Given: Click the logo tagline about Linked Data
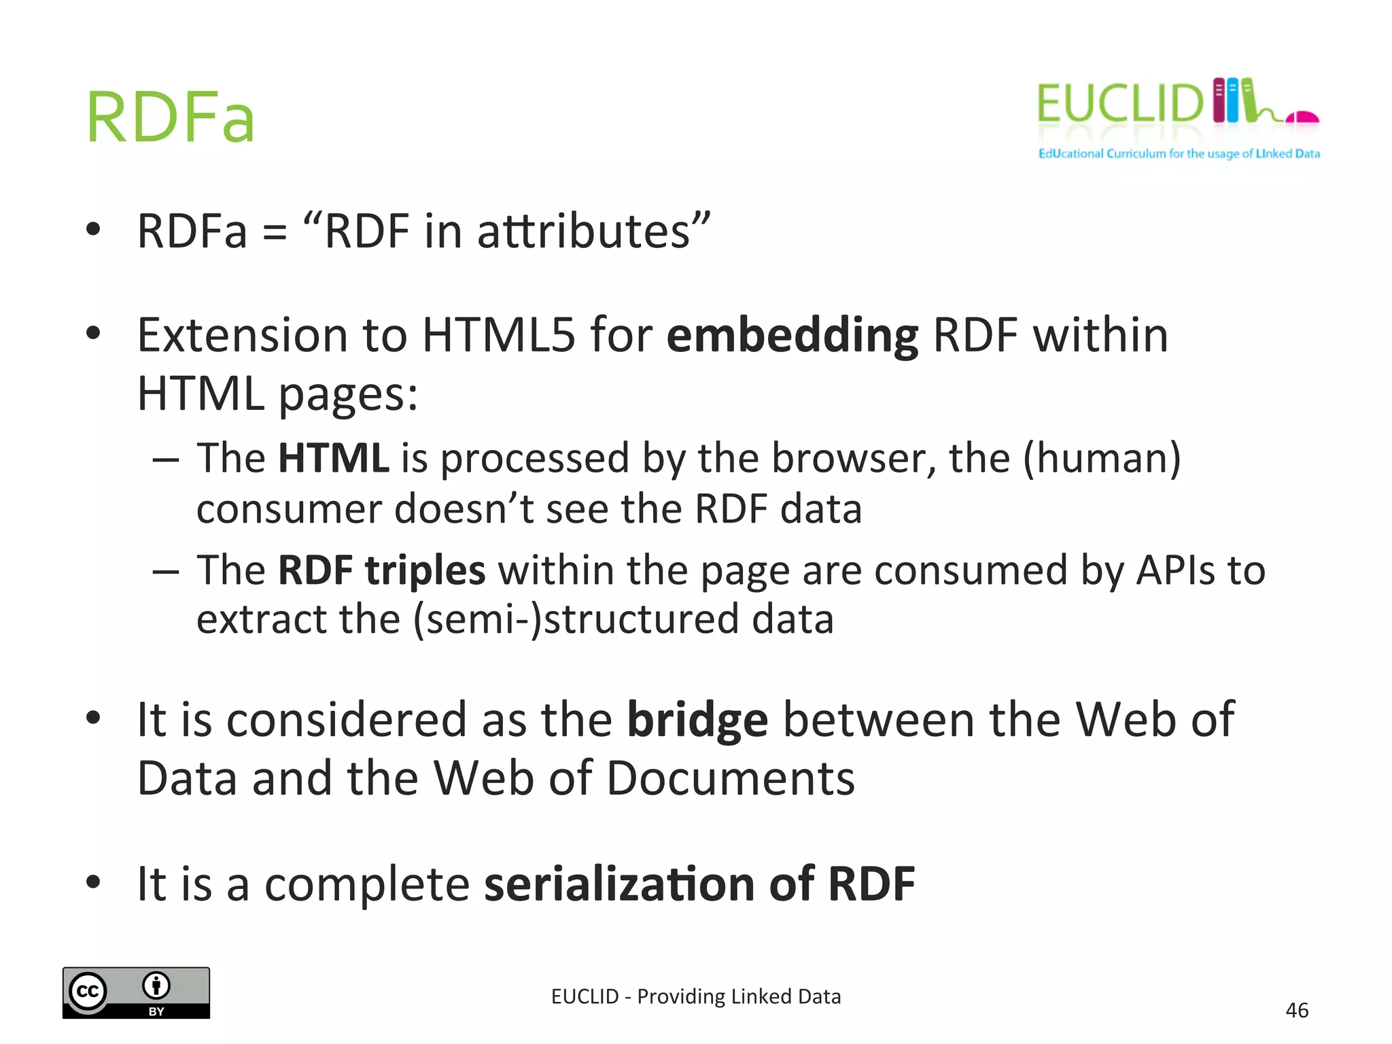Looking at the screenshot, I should (x=1179, y=154).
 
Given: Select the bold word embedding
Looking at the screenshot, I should (x=792, y=336).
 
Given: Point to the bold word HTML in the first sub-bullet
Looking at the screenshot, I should (x=333, y=458).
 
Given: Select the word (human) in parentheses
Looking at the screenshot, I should (x=1102, y=458).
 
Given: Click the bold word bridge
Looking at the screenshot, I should (x=697, y=720).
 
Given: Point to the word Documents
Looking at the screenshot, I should (x=731, y=778).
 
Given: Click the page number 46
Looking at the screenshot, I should (x=1297, y=1011).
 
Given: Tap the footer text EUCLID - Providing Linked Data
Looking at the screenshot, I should (x=696, y=996).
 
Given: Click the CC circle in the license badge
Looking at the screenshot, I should (x=88, y=992).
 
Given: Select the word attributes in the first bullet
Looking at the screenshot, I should (x=584, y=231).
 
